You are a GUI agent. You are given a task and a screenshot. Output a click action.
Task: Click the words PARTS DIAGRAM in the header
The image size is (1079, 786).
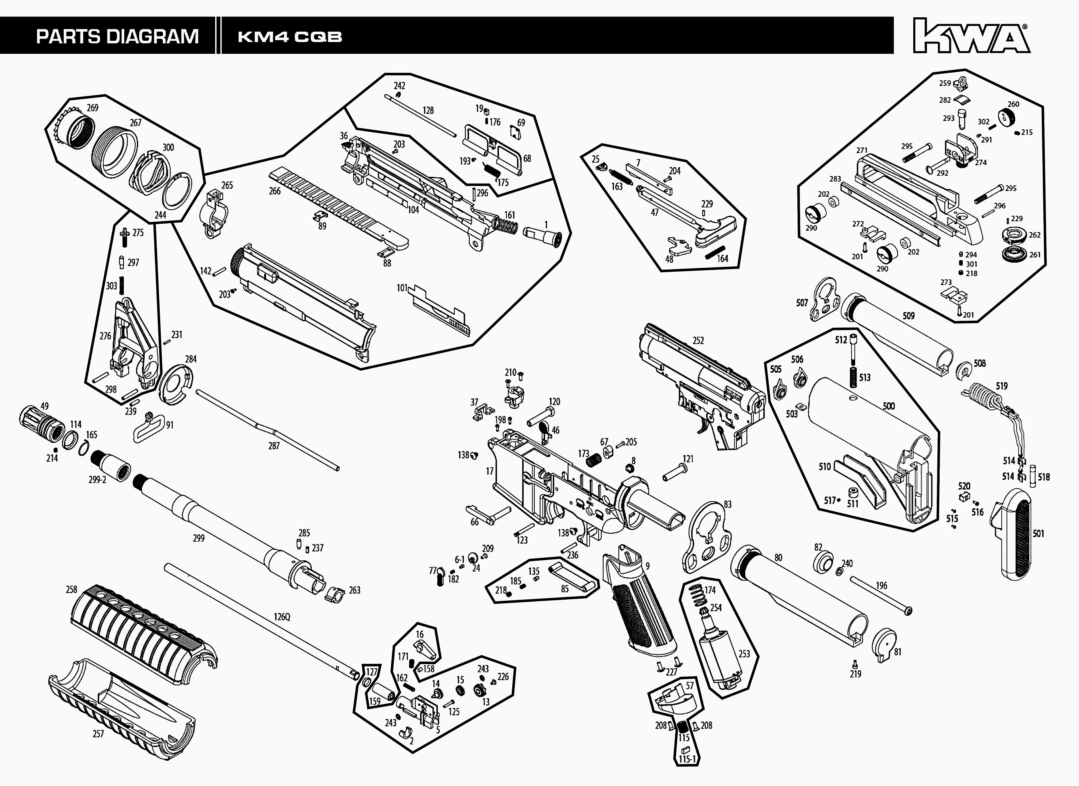point(117,37)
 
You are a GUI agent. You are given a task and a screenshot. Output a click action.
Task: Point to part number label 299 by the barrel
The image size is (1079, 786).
point(198,538)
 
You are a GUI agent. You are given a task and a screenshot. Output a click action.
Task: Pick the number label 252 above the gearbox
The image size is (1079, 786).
point(698,341)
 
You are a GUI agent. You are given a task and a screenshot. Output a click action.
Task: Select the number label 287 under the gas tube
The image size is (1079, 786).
point(273,446)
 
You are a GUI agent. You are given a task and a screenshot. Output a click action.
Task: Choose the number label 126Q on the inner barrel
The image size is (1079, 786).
point(282,617)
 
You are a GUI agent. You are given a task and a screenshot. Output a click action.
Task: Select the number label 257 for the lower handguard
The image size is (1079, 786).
point(98,734)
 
